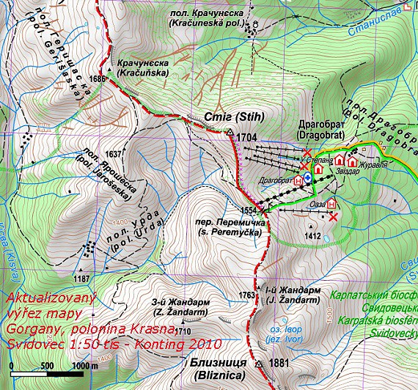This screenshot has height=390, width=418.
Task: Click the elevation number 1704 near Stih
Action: (x=248, y=136)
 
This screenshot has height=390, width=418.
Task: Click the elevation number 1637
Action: (x=114, y=153)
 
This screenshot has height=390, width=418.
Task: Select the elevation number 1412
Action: (x=315, y=236)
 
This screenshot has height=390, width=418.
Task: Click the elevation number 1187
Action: (x=81, y=278)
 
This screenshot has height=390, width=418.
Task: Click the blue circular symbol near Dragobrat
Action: (x=308, y=178)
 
